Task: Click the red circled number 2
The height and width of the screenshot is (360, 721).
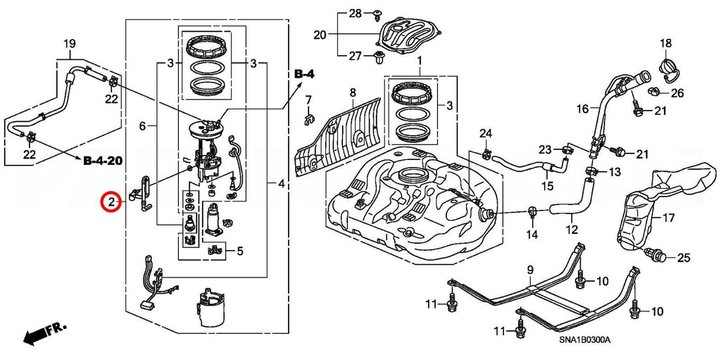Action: point(111,202)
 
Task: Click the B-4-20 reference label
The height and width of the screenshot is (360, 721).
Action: point(103,161)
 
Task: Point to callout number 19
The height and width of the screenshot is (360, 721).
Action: point(69,45)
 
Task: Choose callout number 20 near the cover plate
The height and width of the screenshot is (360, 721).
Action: point(320,35)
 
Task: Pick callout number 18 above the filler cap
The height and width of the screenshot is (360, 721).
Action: point(666,44)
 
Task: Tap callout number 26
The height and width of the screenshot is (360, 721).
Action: point(677,92)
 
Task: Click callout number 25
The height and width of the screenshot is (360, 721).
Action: point(684,259)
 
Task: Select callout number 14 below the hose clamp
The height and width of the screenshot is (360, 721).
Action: point(531,234)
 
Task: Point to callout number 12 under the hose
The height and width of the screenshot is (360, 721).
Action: point(571,228)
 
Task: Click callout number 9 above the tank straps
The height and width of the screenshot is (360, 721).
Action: point(530,270)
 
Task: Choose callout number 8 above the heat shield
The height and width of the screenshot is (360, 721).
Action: point(353,92)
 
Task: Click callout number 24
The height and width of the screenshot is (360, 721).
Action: point(485,134)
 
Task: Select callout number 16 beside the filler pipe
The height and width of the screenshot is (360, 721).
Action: point(582,109)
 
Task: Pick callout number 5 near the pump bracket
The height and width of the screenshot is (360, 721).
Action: point(239,249)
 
